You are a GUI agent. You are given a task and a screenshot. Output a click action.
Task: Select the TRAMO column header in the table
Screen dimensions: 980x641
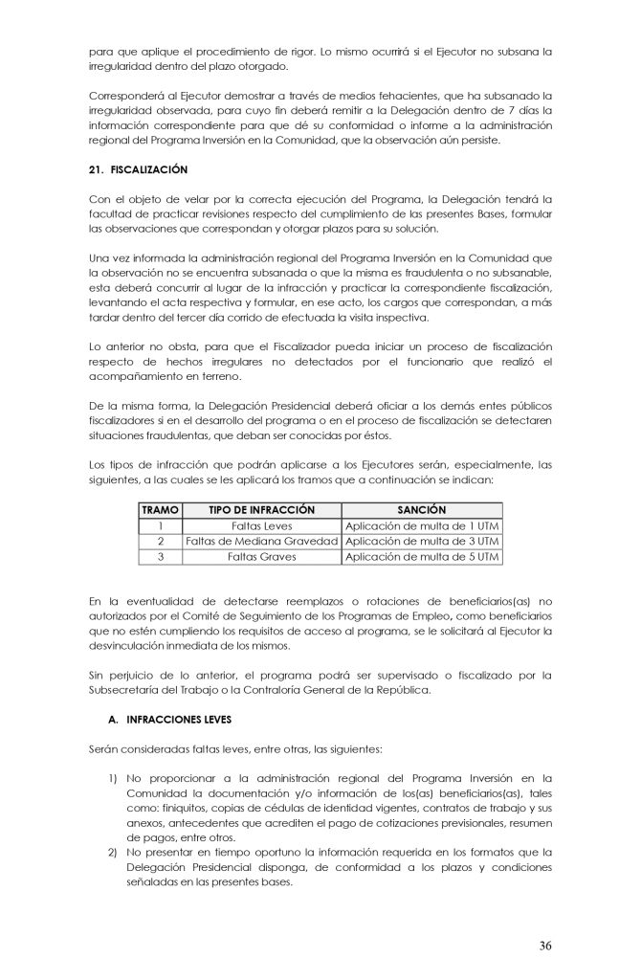point(160,510)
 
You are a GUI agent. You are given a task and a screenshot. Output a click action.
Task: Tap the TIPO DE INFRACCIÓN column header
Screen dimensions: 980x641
point(261,510)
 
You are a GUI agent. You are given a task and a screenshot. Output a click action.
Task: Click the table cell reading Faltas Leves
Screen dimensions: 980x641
point(261,525)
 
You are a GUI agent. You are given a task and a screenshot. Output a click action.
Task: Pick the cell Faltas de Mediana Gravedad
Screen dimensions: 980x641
point(261,541)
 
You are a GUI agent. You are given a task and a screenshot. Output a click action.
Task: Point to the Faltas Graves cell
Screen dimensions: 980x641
point(261,556)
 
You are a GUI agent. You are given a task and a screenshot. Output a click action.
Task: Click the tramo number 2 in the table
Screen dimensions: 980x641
point(160,541)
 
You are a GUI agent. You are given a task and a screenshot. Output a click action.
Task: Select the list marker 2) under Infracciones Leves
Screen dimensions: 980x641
point(112,852)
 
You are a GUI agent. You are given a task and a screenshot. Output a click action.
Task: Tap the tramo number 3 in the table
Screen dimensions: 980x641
point(160,556)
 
